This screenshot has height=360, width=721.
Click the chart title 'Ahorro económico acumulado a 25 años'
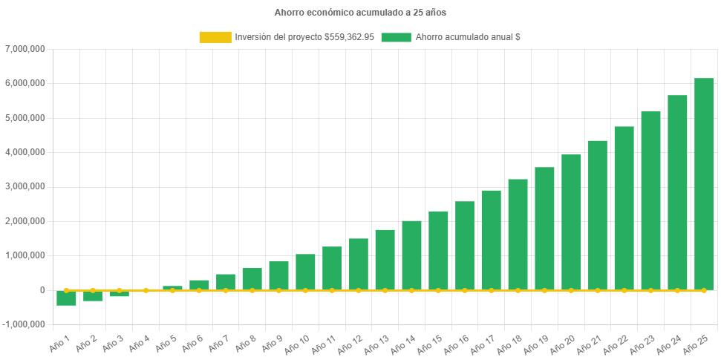(x=360, y=13)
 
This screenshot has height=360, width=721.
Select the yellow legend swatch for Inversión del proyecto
(x=215, y=37)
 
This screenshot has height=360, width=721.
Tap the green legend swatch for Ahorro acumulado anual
(x=396, y=37)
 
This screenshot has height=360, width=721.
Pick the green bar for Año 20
(x=570, y=222)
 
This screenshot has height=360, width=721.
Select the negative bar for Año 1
(x=66, y=298)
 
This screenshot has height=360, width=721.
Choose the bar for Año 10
(x=305, y=272)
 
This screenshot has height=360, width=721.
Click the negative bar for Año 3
(x=119, y=294)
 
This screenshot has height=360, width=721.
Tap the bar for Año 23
(x=650, y=200)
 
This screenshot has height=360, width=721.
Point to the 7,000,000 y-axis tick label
(x=25, y=49)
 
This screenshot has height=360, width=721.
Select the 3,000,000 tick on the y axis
(x=25, y=186)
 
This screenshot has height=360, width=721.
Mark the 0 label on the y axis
(x=42, y=290)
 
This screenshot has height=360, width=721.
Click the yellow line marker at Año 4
(x=146, y=290)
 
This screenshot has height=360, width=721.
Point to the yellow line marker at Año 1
(x=66, y=290)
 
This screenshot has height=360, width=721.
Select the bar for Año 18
(x=518, y=234)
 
